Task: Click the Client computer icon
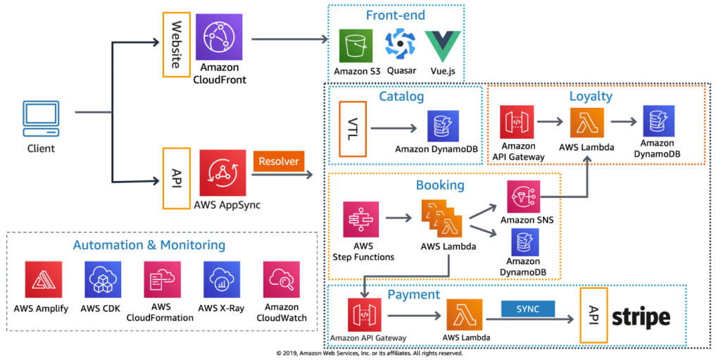point(41,119)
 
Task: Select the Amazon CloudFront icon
point(219,37)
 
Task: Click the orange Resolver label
point(279,161)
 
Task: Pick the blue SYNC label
point(528,309)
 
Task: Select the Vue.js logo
point(442,46)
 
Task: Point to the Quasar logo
point(401,44)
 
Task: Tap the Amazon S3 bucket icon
point(356,46)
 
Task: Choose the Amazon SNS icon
point(524,196)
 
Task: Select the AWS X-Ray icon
point(222,280)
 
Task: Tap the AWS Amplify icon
point(44,280)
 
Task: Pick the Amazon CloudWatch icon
point(282,280)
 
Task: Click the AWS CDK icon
point(103,280)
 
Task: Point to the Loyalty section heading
point(591,97)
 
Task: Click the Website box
point(177,44)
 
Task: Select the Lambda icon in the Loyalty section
point(587,122)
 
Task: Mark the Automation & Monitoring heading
point(149,245)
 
